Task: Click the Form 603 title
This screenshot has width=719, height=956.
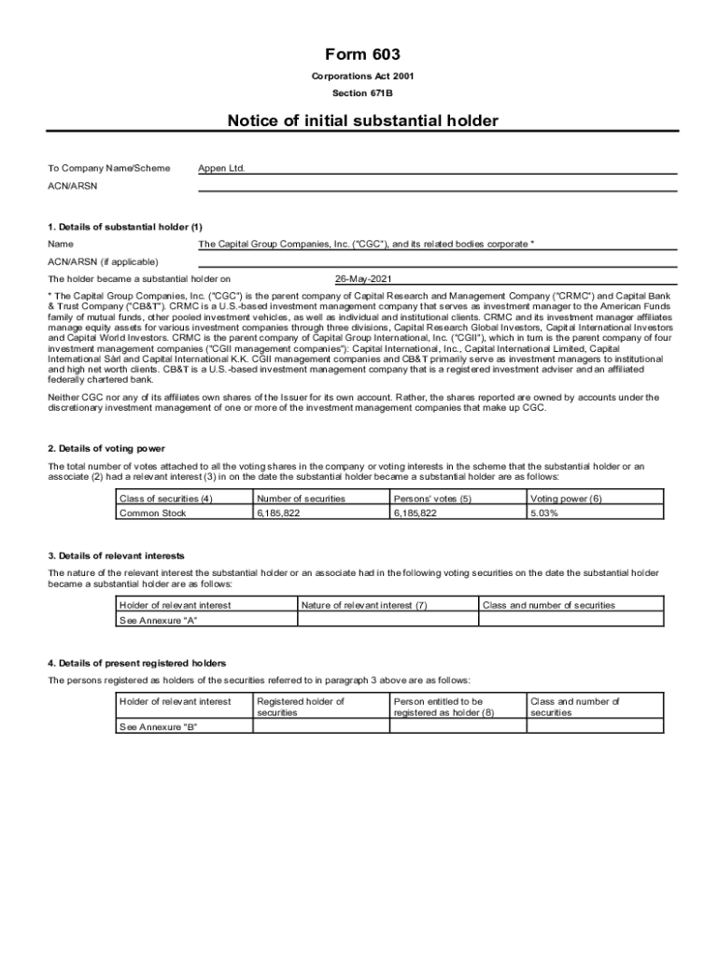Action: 363,55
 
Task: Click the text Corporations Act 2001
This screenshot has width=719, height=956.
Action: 363,77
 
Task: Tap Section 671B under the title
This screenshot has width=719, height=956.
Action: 363,94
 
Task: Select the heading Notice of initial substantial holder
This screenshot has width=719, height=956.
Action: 363,120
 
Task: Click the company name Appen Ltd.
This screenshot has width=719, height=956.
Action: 221,169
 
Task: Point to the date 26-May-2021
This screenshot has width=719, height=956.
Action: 365,279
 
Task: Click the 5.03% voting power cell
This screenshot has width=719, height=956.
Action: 544,513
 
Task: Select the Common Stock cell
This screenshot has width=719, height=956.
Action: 153,513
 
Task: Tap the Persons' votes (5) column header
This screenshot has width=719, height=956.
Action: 432,499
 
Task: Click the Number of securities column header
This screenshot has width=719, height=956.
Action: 301,499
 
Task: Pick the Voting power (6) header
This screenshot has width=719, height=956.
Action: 566,499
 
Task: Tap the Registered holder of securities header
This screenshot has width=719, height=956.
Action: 301,707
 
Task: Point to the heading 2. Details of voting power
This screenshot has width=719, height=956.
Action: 106,449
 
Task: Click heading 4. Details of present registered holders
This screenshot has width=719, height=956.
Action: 137,663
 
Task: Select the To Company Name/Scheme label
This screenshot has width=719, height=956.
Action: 109,169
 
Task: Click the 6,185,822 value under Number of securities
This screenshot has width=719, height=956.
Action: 278,513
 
